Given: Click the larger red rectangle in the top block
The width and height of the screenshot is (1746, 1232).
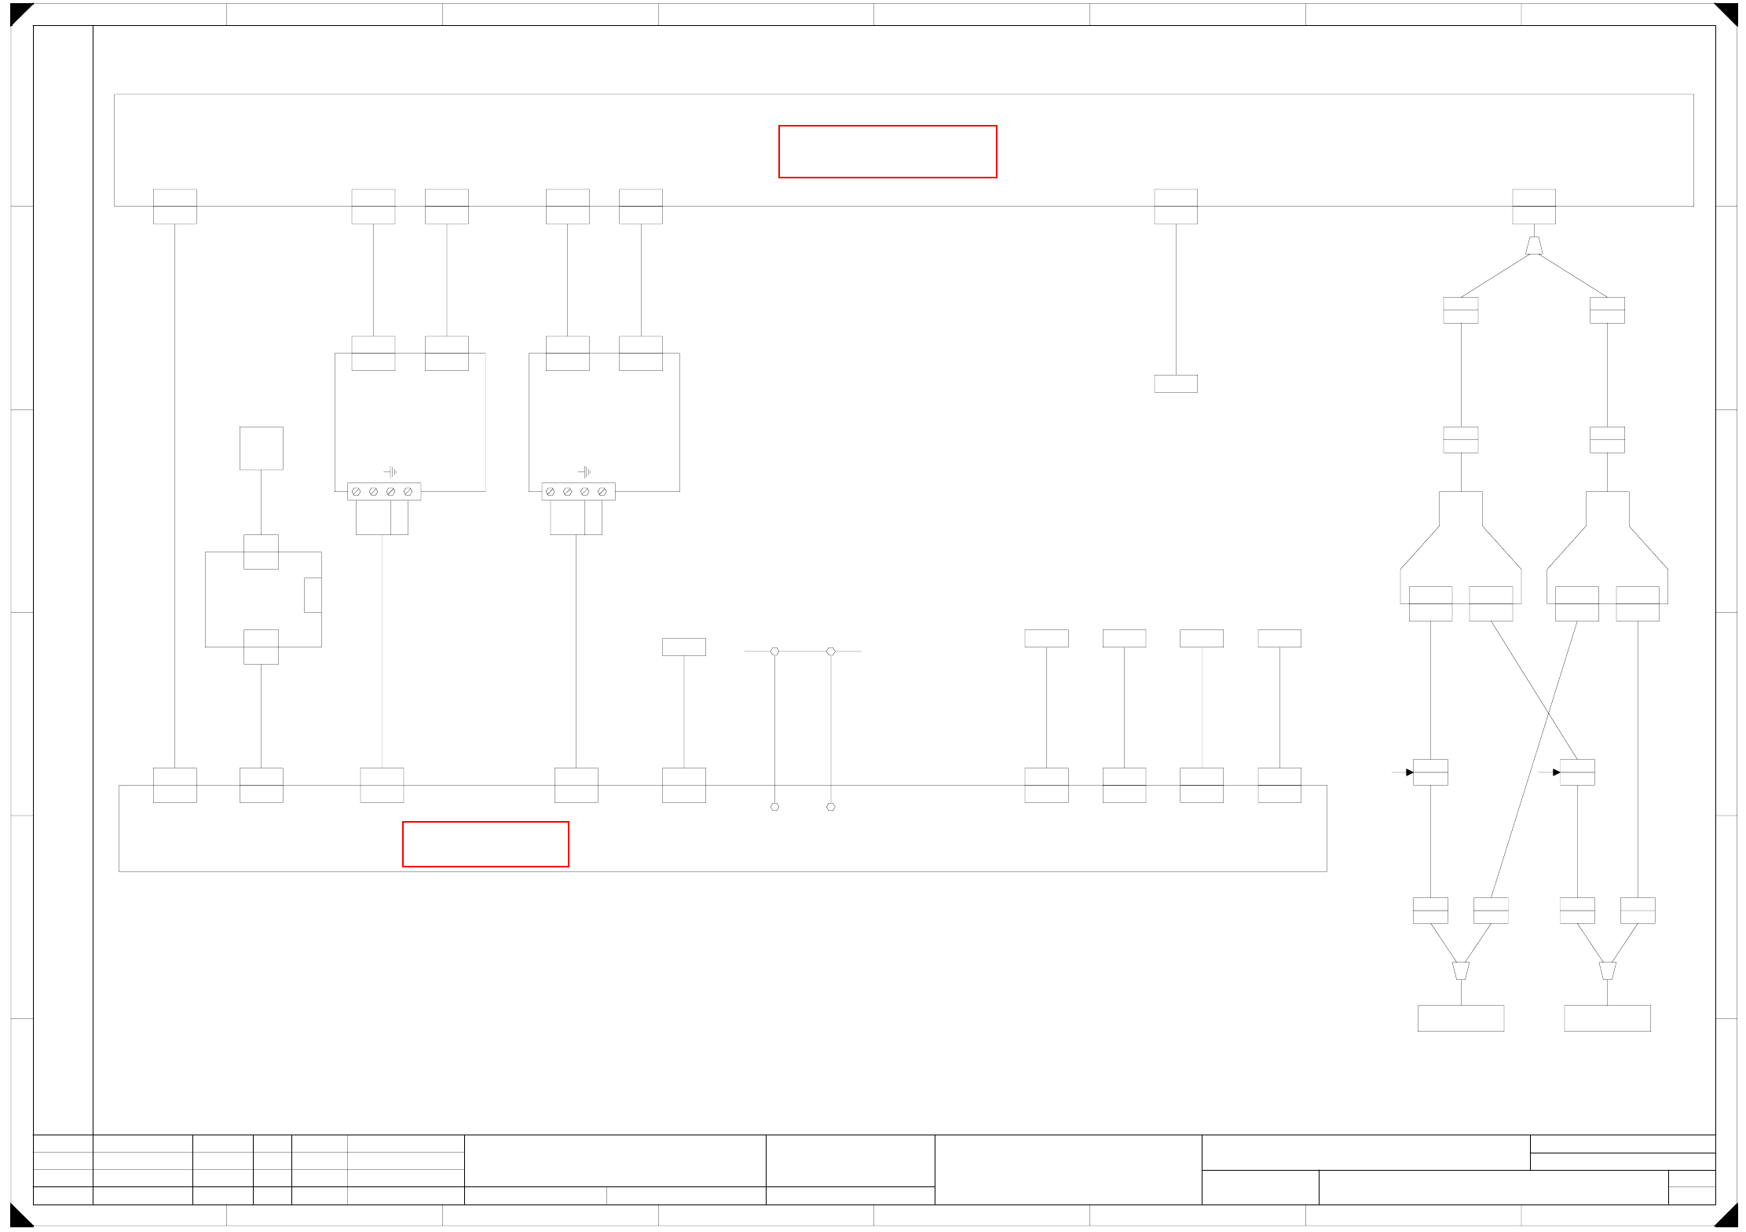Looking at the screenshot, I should [888, 152].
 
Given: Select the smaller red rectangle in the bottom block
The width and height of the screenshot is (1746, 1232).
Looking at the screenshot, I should [485, 844].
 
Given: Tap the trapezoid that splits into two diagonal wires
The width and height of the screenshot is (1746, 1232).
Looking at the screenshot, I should [1534, 246].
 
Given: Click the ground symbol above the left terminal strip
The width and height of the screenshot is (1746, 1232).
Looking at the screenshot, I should [390, 471].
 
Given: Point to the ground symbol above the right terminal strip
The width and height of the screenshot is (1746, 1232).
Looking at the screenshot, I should [584, 471].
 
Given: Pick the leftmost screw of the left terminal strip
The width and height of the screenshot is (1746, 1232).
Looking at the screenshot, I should [357, 492].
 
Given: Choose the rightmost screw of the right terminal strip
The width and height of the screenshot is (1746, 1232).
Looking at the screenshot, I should [602, 492].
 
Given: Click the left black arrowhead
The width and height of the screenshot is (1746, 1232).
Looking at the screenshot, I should [1409, 772].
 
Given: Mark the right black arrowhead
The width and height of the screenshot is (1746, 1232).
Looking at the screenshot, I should [1556, 772].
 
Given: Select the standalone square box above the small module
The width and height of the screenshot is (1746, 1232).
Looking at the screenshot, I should [262, 449].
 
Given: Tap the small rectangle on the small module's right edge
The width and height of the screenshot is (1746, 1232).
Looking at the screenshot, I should [313, 595].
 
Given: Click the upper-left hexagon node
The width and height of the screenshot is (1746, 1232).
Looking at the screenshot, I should [774, 651].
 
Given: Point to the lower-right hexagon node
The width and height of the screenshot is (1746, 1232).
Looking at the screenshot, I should [831, 807].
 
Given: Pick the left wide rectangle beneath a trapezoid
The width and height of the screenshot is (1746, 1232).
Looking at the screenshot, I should [1461, 1018].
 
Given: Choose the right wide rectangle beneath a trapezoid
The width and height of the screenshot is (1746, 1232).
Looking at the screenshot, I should [1607, 1018].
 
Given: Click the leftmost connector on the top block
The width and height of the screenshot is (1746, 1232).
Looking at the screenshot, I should [175, 207].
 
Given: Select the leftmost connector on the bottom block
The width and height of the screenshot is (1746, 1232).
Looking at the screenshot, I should [175, 785].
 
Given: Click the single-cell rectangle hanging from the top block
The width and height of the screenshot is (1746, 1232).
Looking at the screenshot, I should [1176, 383].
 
